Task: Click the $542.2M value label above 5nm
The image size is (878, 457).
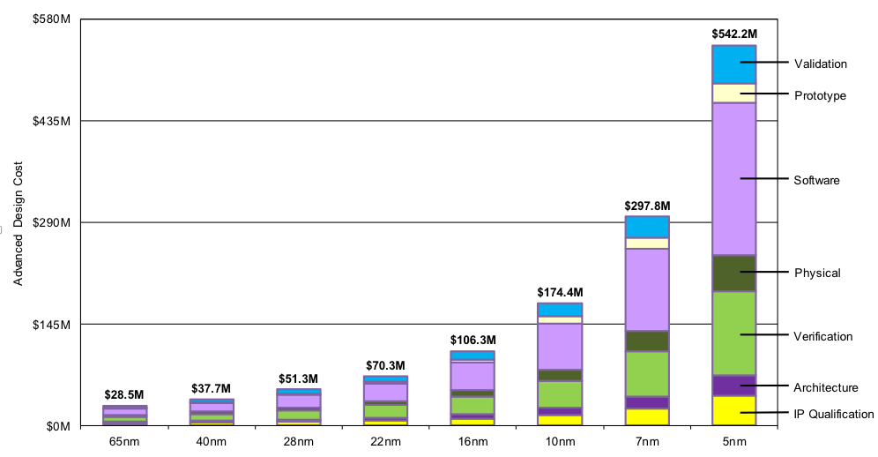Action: click(x=733, y=34)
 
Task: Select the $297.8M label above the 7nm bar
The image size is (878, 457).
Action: click(x=647, y=206)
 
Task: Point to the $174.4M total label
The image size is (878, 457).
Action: click(x=560, y=292)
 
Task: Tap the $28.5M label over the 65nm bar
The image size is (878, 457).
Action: click(x=124, y=394)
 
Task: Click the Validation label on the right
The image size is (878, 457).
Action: click(x=820, y=64)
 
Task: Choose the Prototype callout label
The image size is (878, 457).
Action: click(x=820, y=95)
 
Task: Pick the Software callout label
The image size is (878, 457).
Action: click(x=816, y=180)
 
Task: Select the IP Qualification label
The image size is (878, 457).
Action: click(x=833, y=414)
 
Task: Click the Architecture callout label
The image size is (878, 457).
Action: click(x=825, y=387)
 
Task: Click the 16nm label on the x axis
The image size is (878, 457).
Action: click(x=472, y=441)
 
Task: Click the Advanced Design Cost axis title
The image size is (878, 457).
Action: click(x=19, y=223)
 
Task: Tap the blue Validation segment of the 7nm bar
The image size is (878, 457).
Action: click(x=647, y=227)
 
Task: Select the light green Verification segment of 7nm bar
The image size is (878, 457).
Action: click(x=647, y=373)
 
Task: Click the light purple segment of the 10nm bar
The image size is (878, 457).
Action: click(x=560, y=346)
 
